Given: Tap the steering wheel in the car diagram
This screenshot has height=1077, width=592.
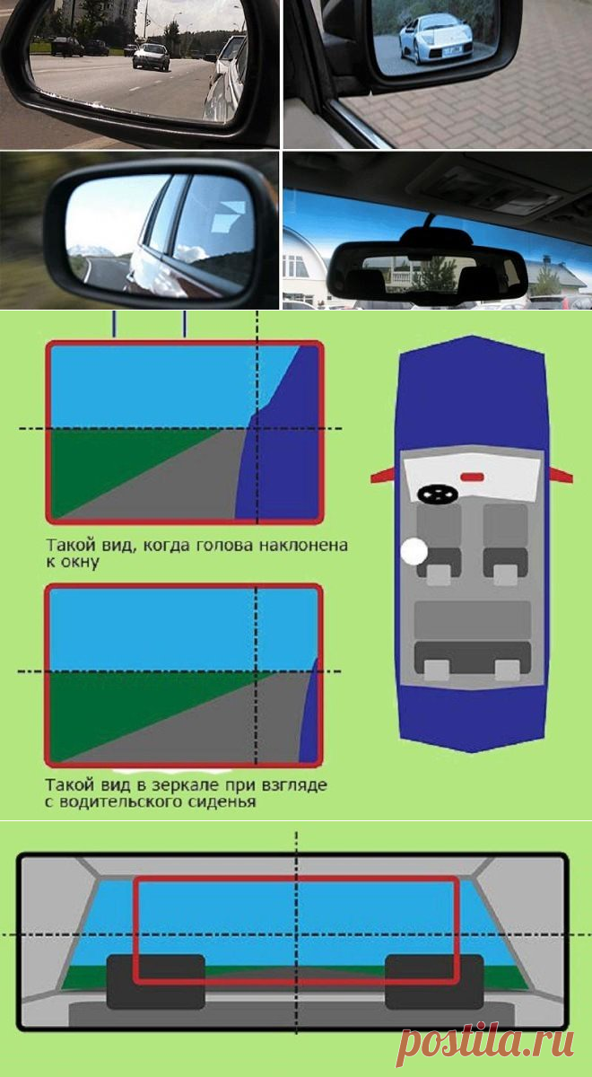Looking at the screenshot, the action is click(x=436, y=494).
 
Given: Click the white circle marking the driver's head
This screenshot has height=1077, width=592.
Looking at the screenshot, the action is click(x=414, y=551).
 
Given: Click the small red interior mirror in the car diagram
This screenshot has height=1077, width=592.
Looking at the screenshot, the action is click(x=473, y=477).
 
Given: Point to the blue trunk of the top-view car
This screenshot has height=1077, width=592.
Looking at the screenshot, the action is click(x=472, y=717).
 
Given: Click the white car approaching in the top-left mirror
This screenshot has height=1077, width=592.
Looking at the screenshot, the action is click(x=151, y=57).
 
